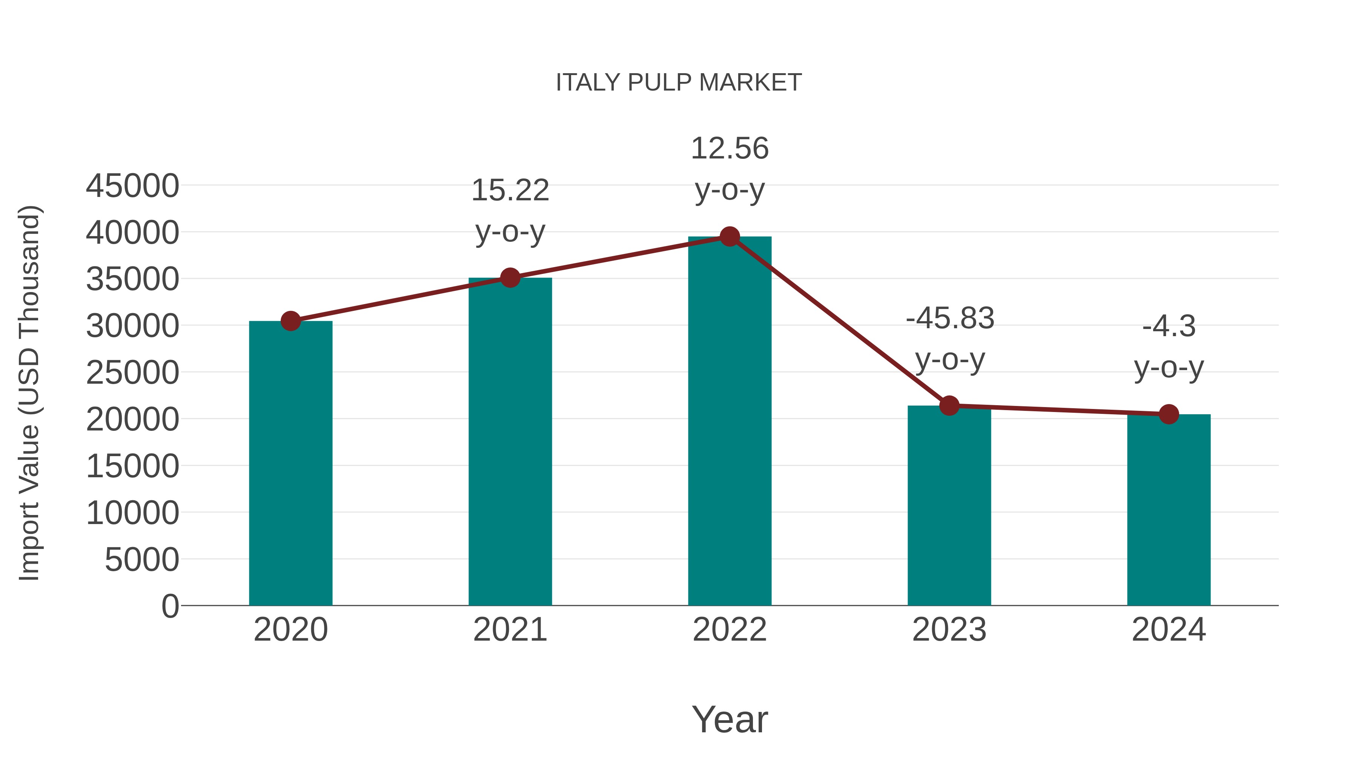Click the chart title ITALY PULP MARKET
(679, 83)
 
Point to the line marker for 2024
(1169, 414)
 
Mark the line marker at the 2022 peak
(730, 237)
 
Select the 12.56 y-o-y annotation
(730, 168)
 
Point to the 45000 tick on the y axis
(132, 186)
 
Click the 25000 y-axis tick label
(132, 373)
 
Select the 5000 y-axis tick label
(142, 560)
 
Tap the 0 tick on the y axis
(170, 606)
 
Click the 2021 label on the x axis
(510, 630)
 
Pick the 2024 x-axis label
(1169, 630)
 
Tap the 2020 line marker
(290, 321)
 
